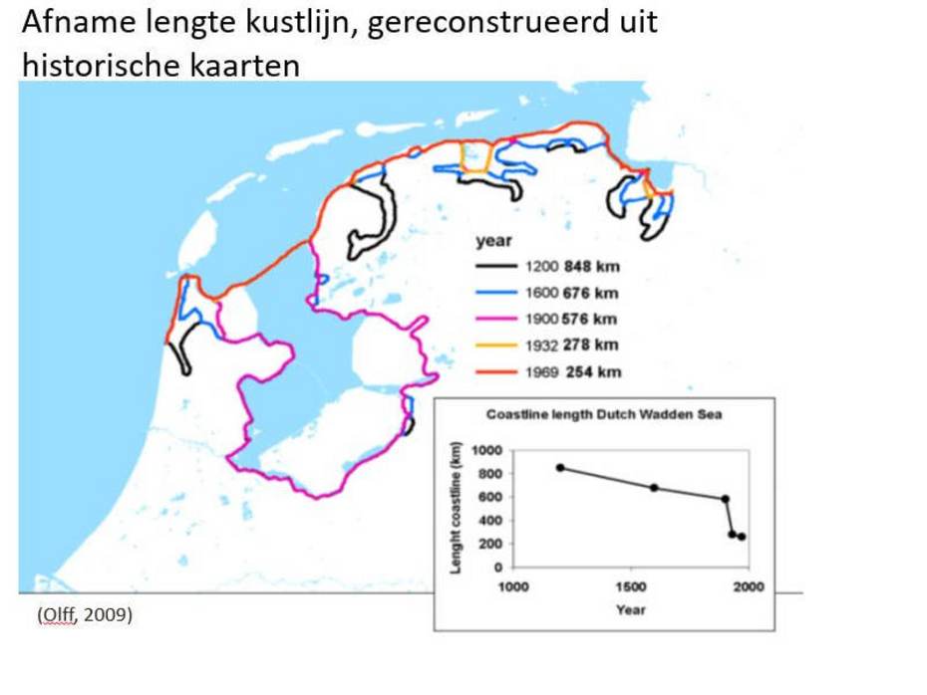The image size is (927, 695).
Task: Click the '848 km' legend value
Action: (591, 267)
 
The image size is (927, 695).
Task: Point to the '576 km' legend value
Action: (591, 319)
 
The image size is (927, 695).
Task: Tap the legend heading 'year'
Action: (493, 241)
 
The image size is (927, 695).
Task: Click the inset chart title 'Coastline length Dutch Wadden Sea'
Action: (603, 415)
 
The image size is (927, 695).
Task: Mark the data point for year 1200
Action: (560, 467)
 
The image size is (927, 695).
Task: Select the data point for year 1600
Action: (654, 487)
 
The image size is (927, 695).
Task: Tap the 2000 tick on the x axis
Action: (749, 586)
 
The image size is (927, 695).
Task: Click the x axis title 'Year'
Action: (630, 609)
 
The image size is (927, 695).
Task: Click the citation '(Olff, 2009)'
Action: (85, 615)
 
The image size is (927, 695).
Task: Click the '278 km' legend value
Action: (591, 346)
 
